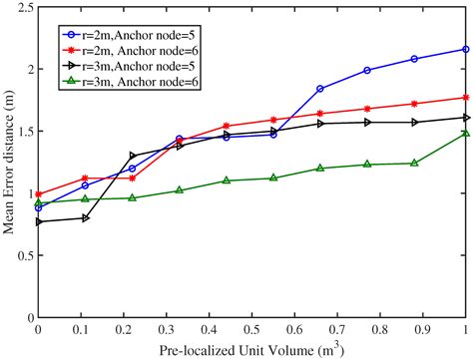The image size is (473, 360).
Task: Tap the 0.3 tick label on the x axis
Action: pos(168,328)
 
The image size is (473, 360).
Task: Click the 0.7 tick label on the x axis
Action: pos(339,328)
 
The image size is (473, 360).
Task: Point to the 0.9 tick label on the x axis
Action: pos(425,328)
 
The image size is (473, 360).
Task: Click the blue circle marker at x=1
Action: pos(466,49)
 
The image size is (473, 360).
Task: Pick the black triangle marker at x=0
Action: pos(39,221)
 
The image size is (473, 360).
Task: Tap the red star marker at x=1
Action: pos(466,98)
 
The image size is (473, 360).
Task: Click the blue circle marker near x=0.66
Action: pos(320,89)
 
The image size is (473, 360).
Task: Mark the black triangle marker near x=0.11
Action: pos(86,217)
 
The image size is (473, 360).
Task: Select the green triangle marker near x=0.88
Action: pos(414,163)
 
